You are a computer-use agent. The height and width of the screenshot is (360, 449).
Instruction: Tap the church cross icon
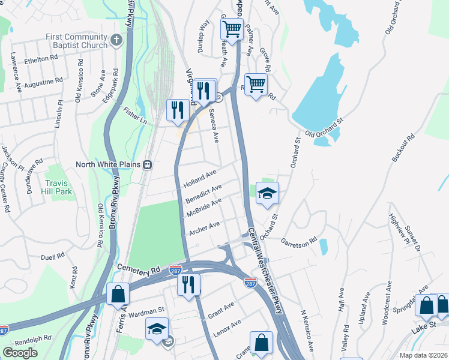[x=116, y=41]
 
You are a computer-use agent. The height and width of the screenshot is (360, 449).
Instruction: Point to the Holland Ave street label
[x=200, y=178]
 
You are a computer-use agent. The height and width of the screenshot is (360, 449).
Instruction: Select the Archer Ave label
[x=205, y=228]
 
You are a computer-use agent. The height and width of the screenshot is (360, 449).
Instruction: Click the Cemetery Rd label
[x=140, y=271]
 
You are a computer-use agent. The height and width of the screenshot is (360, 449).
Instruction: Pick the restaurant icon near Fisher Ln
[x=177, y=110]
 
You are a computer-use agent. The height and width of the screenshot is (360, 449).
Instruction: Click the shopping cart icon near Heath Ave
[x=231, y=28]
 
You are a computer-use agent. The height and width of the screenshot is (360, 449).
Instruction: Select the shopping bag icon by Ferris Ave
[x=118, y=295]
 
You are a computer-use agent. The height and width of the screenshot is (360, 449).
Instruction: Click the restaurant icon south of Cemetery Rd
[x=188, y=283]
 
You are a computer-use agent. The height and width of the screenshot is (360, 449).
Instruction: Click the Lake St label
[x=421, y=329]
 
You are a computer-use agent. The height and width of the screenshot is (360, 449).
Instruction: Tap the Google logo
[x=20, y=353]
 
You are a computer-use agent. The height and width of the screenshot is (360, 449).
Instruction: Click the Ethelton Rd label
[x=40, y=60]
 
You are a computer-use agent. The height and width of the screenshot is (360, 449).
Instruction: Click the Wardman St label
[x=148, y=311]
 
